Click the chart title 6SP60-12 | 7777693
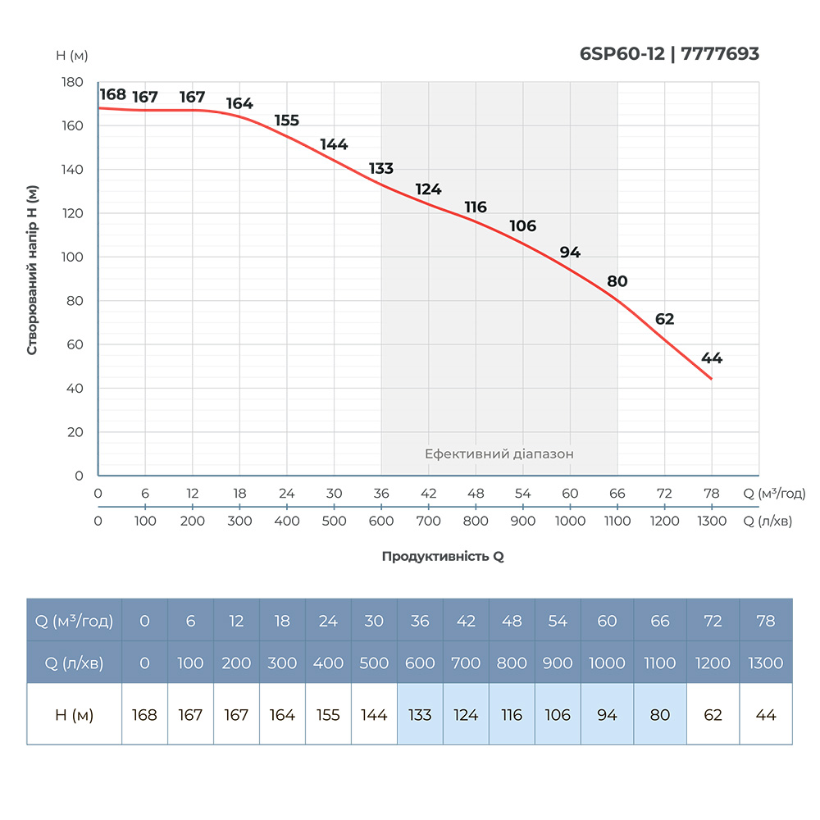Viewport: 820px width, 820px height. pos(669,54)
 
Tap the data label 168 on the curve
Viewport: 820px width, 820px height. pos(113,94)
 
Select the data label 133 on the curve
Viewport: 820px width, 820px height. pos(381,169)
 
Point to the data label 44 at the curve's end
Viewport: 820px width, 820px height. pos(712,358)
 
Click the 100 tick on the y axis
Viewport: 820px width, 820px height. pos(73,257)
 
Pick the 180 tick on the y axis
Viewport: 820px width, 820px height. pos(73,83)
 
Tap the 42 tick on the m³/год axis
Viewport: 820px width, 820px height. pos(428,494)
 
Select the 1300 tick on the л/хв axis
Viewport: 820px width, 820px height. pos(711,522)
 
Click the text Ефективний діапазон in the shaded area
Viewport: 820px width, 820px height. pos(499,453)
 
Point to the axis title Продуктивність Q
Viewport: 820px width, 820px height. pos(443,556)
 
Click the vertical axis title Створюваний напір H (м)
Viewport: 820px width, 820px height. pos(33,269)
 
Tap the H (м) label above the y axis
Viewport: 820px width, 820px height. pos(72,56)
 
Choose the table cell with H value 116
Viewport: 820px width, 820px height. pos(512,715)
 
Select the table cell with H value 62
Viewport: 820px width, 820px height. pos(713,715)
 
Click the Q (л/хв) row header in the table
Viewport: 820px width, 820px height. pos(74,663)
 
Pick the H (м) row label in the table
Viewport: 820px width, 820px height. pos(74,715)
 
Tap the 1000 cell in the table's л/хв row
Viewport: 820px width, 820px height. pos(607,663)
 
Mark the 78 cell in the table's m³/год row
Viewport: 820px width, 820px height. pos(766,622)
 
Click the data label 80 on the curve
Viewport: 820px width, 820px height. pos(617,282)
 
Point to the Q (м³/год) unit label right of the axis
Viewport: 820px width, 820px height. pos(775,494)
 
